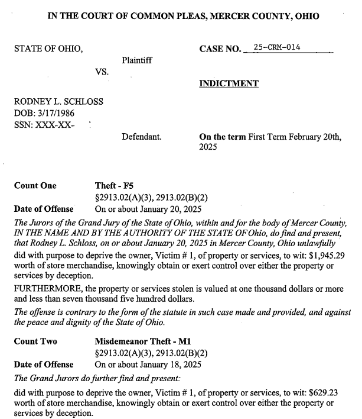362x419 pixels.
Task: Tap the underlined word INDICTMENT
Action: (x=229, y=83)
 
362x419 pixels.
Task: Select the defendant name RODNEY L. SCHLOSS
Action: (x=58, y=101)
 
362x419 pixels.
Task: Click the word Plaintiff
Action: (x=137, y=60)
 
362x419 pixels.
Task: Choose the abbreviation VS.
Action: (x=102, y=72)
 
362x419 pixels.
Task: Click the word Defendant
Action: (x=141, y=137)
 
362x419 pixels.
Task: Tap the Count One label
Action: (x=35, y=186)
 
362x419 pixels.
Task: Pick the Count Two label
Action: (x=35, y=341)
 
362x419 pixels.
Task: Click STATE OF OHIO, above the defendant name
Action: (x=48, y=48)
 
